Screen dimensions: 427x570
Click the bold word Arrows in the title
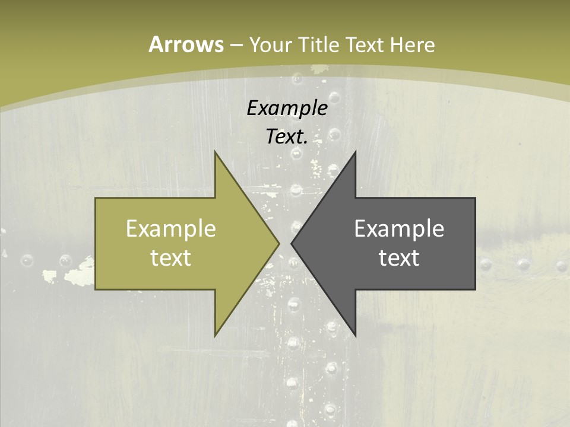(185, 44)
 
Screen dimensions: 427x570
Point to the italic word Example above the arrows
(287, 108)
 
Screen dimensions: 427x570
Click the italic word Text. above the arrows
(287, 136)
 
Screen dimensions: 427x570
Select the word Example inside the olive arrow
(171, 228)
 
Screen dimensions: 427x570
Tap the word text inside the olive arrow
(171, 257)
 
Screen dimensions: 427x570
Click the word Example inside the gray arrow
(399, 228)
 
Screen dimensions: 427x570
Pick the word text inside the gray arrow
(399, 257)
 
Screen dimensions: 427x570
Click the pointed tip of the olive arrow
(279, 243)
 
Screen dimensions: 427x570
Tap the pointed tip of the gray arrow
(291, 243)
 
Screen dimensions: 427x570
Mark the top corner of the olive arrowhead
(215, 152)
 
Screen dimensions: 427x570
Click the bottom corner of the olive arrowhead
(215, 336)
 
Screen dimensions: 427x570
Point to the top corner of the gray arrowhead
(355, 152)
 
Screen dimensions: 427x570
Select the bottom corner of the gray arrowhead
(355, 336)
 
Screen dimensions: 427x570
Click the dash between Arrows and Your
(236, 45)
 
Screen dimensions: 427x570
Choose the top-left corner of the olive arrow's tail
(96, 198)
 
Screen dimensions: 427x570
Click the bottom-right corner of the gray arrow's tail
(475, 289)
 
